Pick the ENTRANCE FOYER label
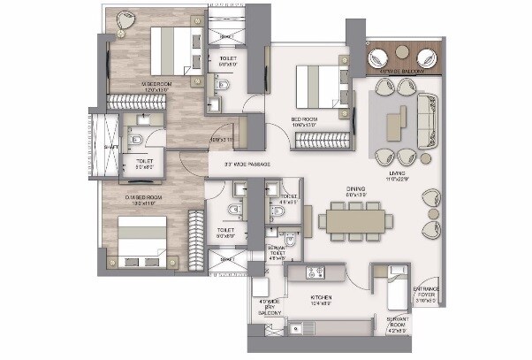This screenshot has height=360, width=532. (427, 295)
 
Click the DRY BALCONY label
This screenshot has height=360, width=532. (269, 307)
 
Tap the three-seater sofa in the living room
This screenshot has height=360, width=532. (432, 117)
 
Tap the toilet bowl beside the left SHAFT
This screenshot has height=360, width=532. (135, 140)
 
